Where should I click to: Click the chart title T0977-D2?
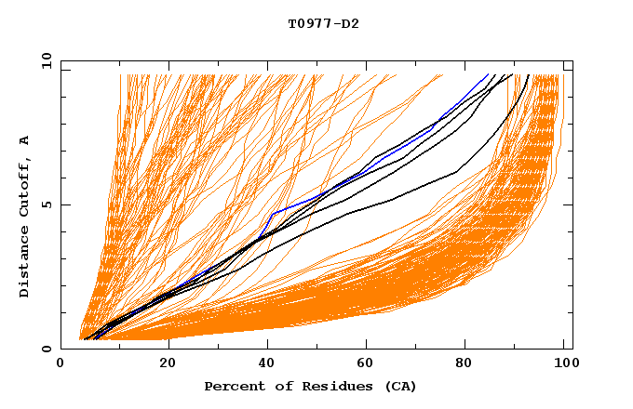323,24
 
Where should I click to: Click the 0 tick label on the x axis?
61,365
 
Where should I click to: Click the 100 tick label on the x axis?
564,365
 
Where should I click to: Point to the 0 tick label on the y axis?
47,350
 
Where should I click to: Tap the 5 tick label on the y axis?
47,204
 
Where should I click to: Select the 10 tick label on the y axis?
44,60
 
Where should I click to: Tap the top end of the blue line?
488,75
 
